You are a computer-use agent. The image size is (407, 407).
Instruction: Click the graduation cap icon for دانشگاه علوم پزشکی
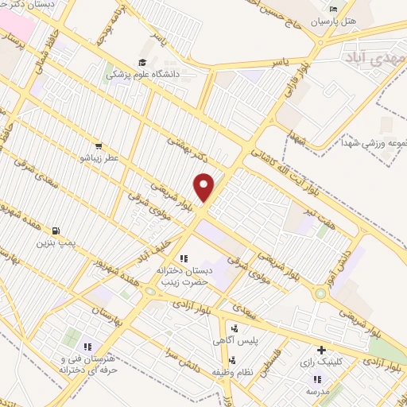point(142,63)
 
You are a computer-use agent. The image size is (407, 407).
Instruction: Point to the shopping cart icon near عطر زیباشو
point(98,146)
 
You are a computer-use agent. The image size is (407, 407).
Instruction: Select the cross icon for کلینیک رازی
point(321,350)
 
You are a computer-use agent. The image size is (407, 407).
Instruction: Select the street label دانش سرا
point(184,356)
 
